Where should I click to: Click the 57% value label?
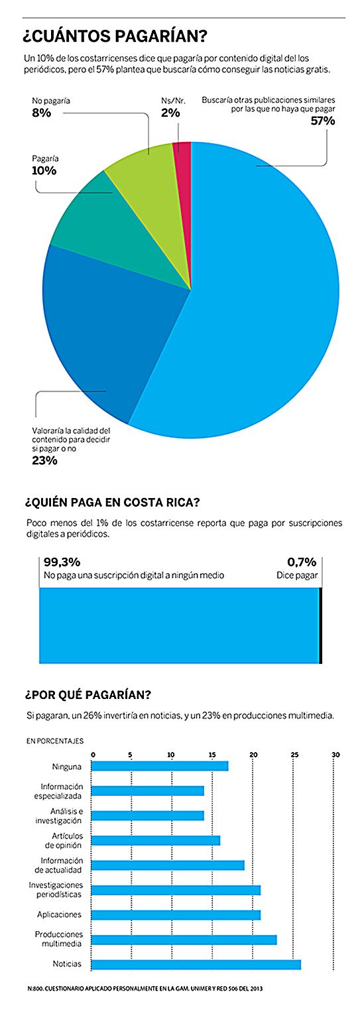(x=323, y=121)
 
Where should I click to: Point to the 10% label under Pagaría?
(x=44, y=170)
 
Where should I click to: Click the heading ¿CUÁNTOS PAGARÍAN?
(x=115, y=36)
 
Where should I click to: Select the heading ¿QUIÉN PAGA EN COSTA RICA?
(x=113, y=502)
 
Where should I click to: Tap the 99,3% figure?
(x=62, y=562)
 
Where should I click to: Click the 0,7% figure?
(x=302, y=562)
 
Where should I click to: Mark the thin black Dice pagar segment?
(x=320, y=625)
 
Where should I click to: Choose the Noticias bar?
(x=196, y=964)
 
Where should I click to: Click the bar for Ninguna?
(x=160, y=766)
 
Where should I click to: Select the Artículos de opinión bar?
(x=156, y=840)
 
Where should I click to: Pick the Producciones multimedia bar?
(x=184, y=940)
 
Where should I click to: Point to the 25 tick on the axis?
(x=294, y=754)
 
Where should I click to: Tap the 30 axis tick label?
(x=335, y=754)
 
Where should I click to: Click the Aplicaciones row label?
(x=59, y=915)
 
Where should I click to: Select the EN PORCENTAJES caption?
(x=55, y=741)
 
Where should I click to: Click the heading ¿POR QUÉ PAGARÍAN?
(x=88, y=694)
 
